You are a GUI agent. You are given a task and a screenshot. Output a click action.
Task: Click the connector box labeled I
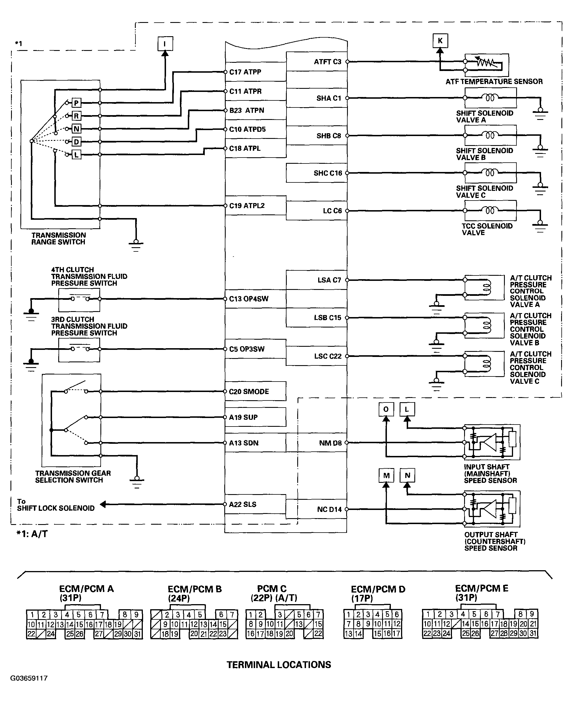pos(165,44)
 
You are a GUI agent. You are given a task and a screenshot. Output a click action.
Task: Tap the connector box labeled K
pos(440,41)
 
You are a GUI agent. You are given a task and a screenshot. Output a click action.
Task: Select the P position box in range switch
pos(76,103)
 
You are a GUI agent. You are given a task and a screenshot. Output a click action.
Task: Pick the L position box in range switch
pos(76,154)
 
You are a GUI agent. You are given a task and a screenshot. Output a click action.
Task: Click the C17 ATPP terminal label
pos(245,72)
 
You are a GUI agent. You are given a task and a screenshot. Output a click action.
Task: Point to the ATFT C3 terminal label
pos(328,62)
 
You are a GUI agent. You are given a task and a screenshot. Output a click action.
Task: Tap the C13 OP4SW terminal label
pos(249,299)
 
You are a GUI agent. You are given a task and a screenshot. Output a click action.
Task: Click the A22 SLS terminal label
pos(243,504)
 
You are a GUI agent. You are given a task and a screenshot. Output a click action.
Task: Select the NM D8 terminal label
pos(330,443)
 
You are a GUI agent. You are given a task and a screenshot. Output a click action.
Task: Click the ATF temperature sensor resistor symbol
pos(486,62)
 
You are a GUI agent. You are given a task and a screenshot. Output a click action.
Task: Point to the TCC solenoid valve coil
pos(490,210)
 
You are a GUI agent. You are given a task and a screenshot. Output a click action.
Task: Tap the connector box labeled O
pos(386,410)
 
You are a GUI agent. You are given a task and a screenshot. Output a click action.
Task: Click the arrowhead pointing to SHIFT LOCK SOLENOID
pos(103,504)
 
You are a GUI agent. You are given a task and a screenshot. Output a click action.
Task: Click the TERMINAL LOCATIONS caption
pos(279,665)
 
